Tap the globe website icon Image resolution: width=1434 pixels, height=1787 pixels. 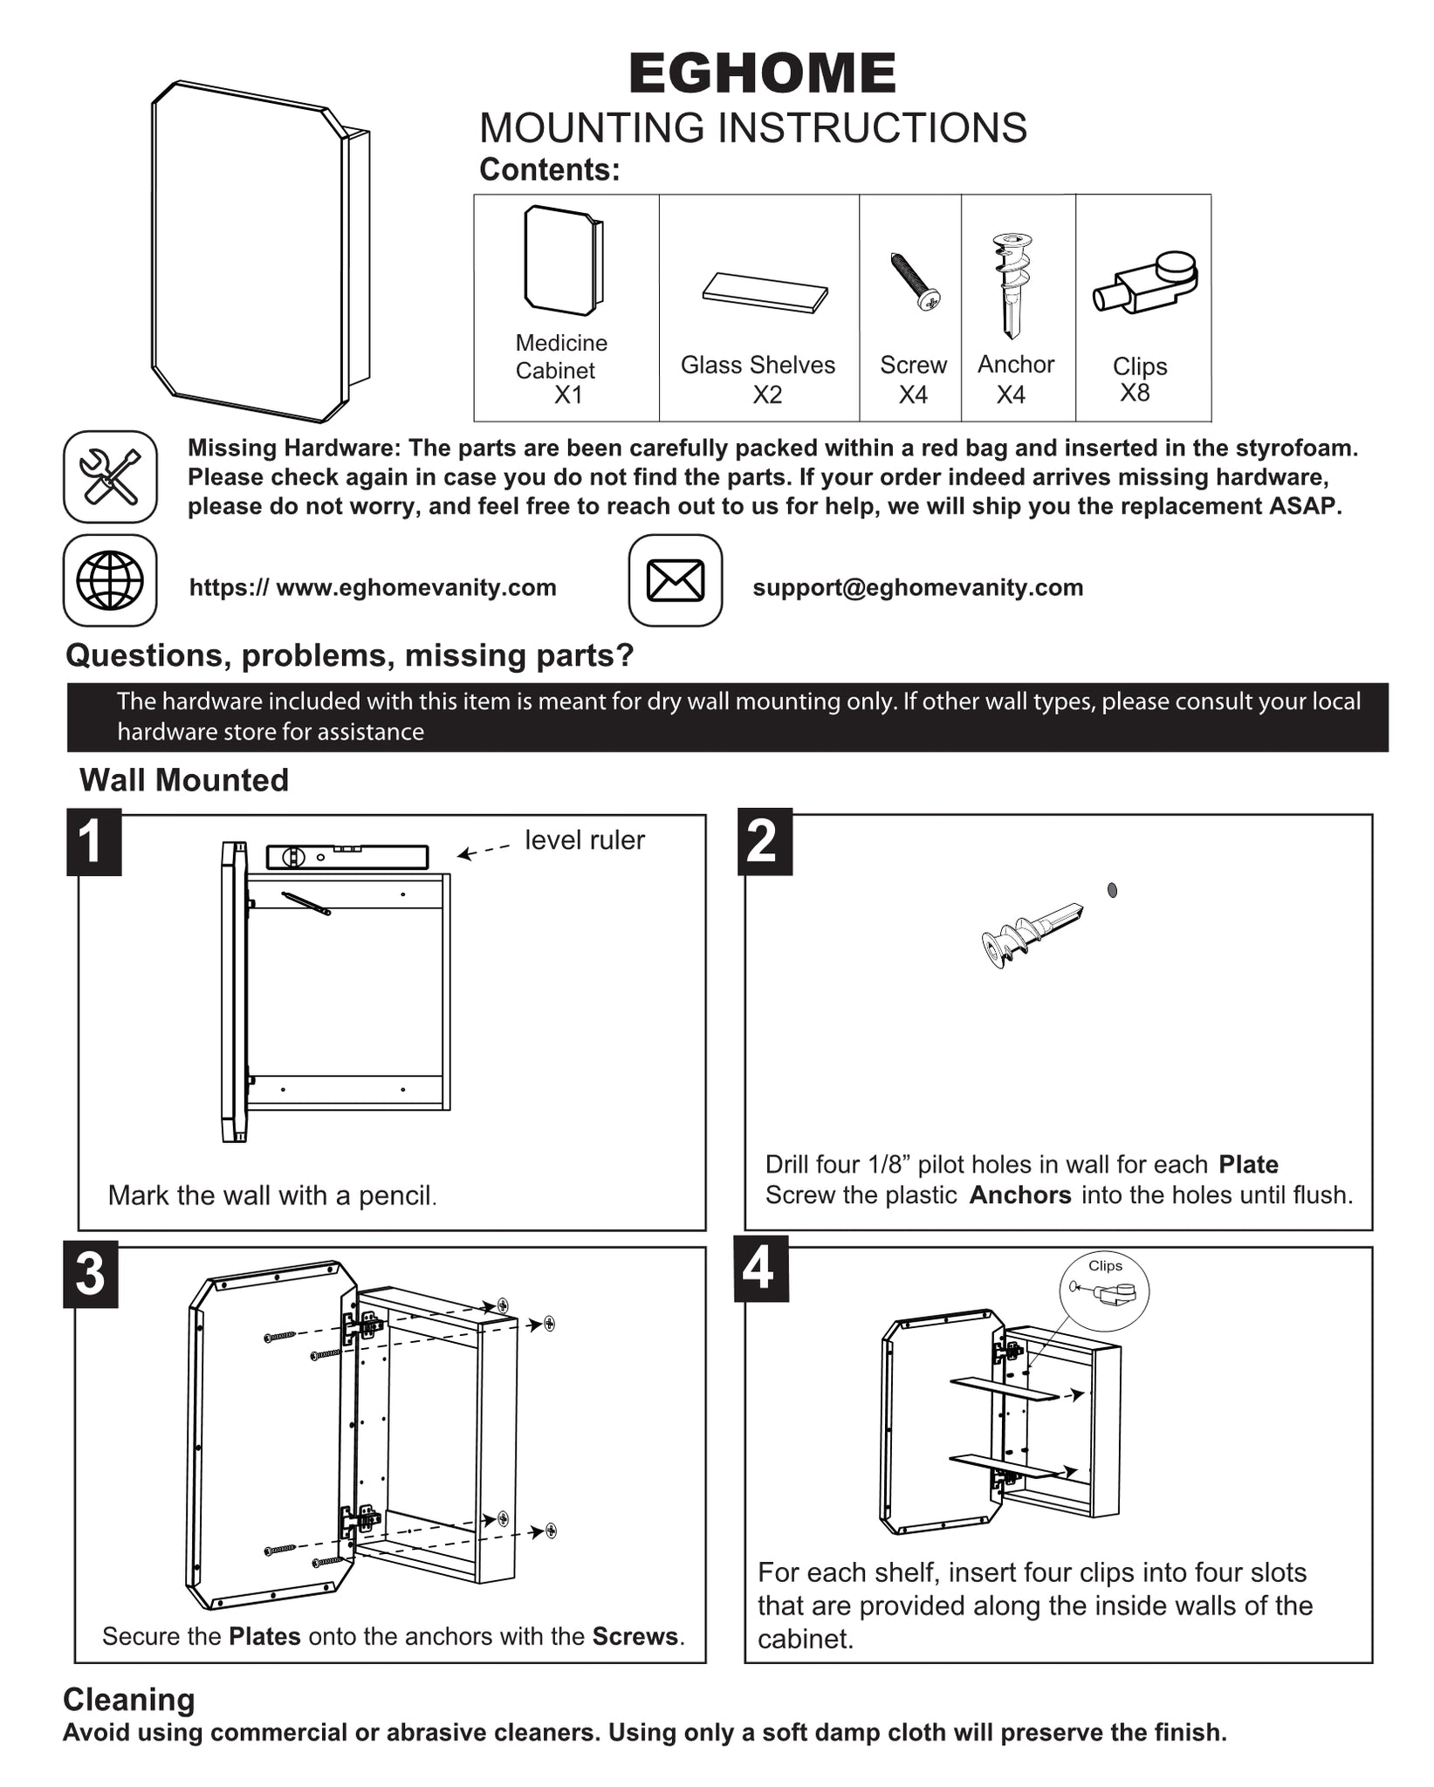coord(110,580)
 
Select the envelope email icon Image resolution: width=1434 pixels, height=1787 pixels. coord(676,580)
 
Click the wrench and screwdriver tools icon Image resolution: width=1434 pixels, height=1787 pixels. coord(110,476)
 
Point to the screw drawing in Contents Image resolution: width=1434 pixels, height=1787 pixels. coord(915,281)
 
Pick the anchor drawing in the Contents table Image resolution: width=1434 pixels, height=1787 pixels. coord(1012,285)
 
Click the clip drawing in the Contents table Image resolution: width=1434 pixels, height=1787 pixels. coord(1145,282)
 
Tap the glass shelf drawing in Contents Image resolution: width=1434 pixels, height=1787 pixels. coord(765,292)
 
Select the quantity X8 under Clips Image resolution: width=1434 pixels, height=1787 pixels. coord(1135,393)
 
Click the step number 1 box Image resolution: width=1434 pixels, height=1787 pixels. coord(93,842)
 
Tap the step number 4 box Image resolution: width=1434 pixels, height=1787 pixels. coord(760,1269)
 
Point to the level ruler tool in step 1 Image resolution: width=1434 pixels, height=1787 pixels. coord(347,857)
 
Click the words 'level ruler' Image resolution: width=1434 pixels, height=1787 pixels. coord(585,839)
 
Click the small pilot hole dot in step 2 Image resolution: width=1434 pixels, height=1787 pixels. coord(1112,890)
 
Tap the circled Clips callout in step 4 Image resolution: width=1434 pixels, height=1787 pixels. coord(1104,1291)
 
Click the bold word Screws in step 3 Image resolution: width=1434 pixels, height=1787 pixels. coord(635,1636)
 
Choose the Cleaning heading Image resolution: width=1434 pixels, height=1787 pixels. coord(129,1700)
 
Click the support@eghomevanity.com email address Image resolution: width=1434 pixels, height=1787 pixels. coord(918,587)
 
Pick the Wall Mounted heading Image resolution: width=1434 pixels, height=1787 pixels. coord(184,780)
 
